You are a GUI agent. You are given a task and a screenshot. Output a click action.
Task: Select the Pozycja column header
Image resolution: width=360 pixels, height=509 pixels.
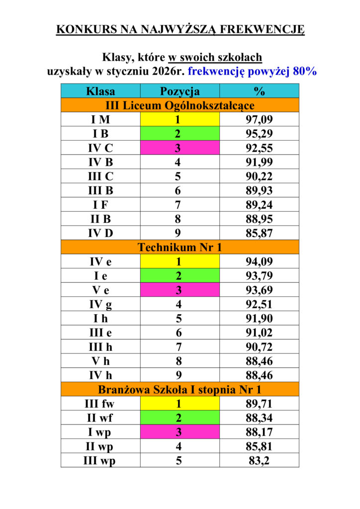coord(180,91)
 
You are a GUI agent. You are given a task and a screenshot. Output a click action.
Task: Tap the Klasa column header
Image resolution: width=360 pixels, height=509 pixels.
coord(100,91)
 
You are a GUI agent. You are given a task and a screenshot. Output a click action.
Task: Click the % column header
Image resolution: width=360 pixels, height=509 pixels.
coord(259,91)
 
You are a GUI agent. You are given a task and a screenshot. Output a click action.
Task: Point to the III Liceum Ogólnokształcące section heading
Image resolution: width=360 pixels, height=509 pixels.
coord(180,105)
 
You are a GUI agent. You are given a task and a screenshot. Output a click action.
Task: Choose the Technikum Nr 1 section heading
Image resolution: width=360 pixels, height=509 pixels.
coord(180,247)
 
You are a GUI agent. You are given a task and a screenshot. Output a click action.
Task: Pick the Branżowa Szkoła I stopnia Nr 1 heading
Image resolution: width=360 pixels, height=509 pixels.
coord(180,389)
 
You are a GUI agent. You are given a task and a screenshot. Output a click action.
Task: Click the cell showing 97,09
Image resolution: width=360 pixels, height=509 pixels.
coord(259,119)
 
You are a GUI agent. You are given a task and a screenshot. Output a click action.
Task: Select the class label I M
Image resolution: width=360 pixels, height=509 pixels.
coord(100,119)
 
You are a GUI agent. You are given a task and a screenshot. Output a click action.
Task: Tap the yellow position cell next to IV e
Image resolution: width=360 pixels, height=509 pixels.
coord(180,261)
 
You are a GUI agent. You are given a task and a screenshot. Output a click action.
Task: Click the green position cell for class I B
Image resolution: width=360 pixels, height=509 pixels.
coord(180,134)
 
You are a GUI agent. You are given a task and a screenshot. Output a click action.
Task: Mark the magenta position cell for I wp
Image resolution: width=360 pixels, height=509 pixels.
coord(180,432)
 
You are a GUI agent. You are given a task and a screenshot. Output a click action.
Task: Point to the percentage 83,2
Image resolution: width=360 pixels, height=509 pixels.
coord(259,460)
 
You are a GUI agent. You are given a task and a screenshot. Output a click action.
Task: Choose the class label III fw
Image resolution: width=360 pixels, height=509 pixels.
coord(100,404)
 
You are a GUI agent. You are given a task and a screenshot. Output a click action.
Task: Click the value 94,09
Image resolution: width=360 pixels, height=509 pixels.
coord(259,261)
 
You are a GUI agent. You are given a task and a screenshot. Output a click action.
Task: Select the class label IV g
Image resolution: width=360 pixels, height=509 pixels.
coord(100,304)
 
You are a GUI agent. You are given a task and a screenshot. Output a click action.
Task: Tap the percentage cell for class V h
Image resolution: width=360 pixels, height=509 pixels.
coord(259,361)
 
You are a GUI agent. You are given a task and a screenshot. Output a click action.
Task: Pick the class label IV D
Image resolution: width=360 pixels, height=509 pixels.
coord(100,233)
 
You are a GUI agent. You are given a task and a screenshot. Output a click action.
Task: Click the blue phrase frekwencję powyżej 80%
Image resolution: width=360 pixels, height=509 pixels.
coord(253,71)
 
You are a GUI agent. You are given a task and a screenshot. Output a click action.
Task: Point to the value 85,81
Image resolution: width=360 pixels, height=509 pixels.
coord(259,446)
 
